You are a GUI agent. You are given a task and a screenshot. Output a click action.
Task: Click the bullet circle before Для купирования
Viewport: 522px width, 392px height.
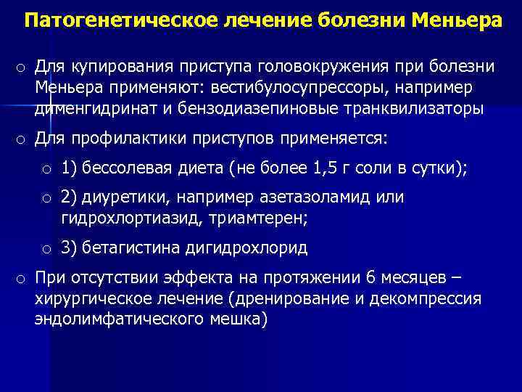click(x=20, y=68)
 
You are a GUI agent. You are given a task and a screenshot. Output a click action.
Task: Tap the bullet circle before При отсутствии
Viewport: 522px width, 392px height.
click(x=20, y=279)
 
